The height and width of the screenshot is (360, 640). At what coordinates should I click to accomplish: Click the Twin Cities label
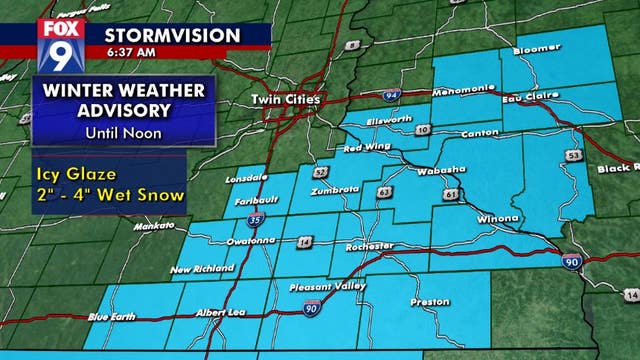tap(287, 100)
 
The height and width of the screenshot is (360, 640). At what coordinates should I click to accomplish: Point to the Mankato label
tap(132, 228)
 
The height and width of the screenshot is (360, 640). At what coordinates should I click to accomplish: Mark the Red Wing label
tap(365, 149)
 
